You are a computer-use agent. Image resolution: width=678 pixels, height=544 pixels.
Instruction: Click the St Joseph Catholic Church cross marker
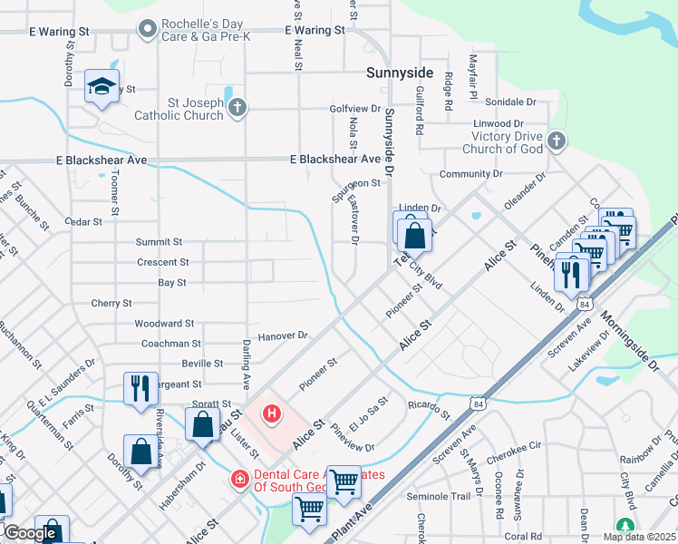[x=237, y=109]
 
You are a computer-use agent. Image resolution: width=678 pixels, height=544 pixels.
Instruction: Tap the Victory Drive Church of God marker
[x=557, y=141]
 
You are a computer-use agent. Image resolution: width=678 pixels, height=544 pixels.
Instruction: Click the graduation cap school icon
[x=100, y=87]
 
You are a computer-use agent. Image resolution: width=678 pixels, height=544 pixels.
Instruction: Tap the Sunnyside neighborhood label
[x=399, y=72]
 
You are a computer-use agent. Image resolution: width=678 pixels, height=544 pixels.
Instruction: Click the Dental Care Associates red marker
[x=239, y=478]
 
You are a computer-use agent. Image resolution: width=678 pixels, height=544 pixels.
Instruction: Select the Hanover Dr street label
[x=283, y=335]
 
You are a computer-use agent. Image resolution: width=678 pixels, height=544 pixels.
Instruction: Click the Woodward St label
[x=164, y=323]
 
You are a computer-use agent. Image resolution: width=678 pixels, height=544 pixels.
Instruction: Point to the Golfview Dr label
[x=355, y=108]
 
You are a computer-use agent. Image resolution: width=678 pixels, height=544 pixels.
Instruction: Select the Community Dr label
[x=470, y=173]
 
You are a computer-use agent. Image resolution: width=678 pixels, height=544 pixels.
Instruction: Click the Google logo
[x=30, y=533]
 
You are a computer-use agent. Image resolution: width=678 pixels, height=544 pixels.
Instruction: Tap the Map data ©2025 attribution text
[x=639, y=537]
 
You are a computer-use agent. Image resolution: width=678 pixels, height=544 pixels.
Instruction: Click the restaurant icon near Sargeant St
[x=140, y=387]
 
